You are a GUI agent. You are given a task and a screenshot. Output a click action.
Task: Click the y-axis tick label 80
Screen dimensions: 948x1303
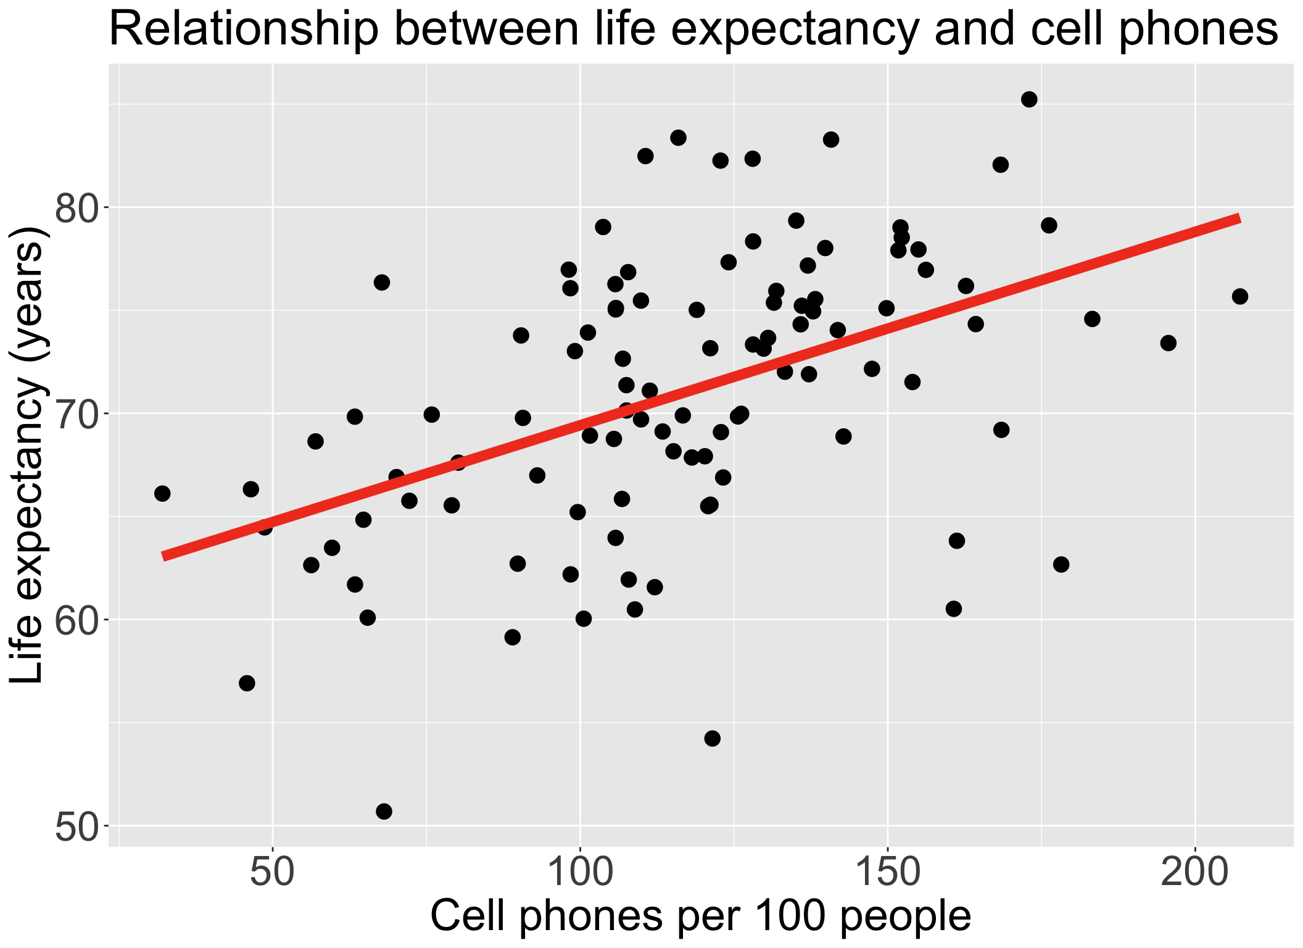(76, 209)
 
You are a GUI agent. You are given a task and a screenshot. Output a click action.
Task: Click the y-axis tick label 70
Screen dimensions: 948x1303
(76, 414)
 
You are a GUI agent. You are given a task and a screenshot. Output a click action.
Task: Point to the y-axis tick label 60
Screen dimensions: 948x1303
(76, 620)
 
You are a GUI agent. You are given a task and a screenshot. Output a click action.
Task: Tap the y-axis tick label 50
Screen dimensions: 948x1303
(76, 826)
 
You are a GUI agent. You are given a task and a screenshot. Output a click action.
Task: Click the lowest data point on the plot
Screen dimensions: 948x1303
(384, 811)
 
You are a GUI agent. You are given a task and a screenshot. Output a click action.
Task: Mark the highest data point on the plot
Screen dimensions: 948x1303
(1029, 99)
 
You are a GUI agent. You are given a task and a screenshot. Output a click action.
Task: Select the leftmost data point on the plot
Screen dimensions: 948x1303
(162, 493)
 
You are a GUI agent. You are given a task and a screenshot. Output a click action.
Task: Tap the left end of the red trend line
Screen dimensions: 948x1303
(163, 556)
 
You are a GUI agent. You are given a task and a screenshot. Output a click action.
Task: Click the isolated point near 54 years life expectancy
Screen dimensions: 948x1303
(713, 738)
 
